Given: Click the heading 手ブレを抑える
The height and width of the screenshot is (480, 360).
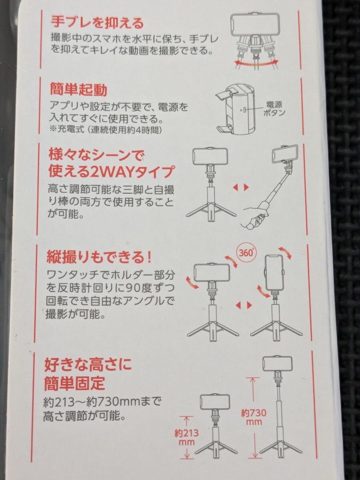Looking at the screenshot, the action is click(97, 23).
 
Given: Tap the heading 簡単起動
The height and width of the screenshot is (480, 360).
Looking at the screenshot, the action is click(79, 90).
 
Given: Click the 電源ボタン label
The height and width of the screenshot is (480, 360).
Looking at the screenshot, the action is click(274, 109).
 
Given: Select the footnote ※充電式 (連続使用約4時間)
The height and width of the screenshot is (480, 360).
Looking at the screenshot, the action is click(106, 130).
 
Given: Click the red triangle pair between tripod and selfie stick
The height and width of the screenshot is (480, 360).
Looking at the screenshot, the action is click(241, 187).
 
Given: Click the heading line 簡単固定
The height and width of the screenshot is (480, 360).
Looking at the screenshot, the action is click(75, 383).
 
